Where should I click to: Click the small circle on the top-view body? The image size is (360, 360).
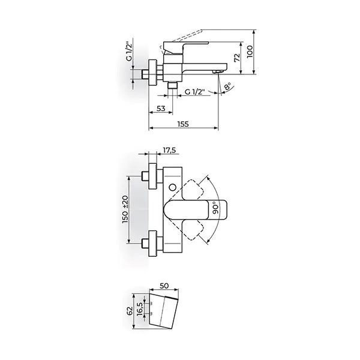click(173, 189)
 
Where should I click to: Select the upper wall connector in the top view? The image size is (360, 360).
click(149, 176)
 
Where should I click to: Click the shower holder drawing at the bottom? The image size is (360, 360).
click(165, 309)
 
